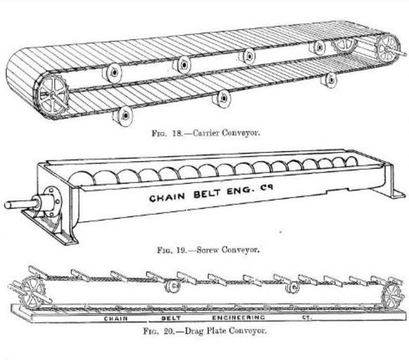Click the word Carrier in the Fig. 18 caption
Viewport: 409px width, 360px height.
(x=205, y=133)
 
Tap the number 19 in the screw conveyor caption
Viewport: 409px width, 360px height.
(x=181, y=250)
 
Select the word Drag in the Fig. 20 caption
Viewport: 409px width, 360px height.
(x=194, y=332)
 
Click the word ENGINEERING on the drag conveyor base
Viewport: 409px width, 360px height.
(x=238, y=317)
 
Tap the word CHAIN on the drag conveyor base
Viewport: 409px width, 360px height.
(x=116, y=319)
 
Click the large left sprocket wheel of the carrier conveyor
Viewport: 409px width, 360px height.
(x=52, y=95)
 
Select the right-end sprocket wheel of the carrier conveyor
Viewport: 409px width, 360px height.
(x=388, y=49)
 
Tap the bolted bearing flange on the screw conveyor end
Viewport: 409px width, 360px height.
(x=52, y=201)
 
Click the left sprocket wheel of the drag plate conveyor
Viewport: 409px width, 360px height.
(x=33, y=293)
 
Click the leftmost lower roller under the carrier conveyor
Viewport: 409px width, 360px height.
(x=122, y=115)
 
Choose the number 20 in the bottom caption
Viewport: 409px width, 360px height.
(x=169, y=332)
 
